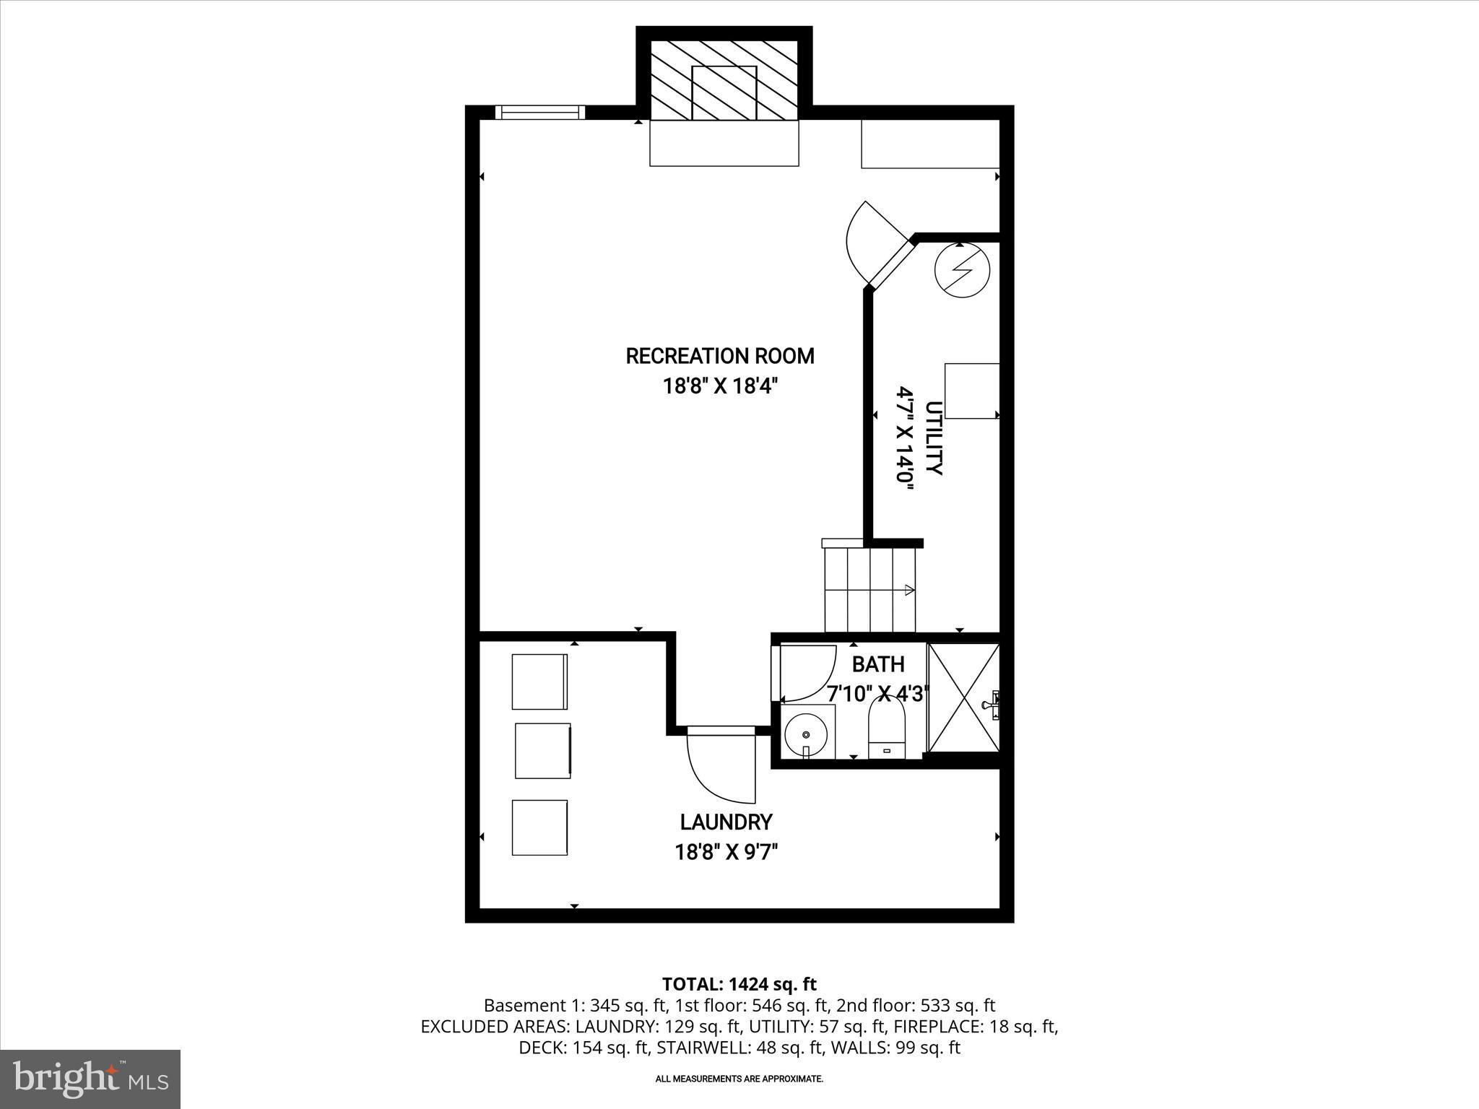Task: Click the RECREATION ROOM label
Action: (719, 356)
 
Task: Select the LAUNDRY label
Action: (726, 822)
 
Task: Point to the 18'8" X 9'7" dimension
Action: (726, 853)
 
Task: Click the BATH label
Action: (877, 664)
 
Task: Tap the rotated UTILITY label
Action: (934, 438)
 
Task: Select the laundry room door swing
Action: (719, 765)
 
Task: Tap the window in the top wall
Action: (540, 112)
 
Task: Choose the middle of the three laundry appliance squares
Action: (542, 751)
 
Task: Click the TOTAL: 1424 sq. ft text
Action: (739, 984)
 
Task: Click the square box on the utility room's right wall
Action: (972, 391)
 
